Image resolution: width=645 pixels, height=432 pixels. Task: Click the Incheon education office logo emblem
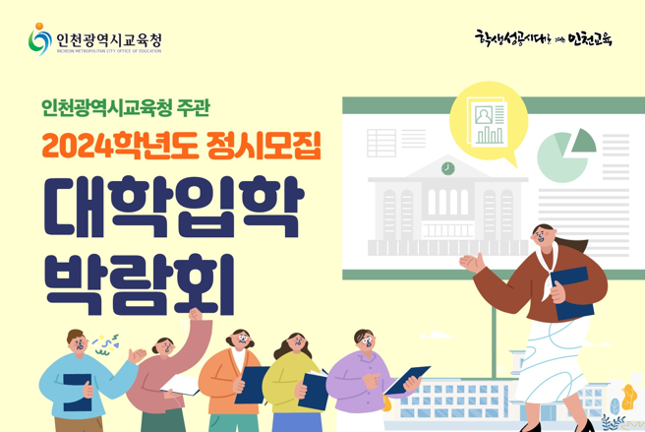click(x=39, y=39)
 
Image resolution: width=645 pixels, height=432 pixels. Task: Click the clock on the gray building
click(x=448, y=168)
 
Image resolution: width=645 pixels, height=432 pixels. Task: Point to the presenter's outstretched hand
click(x=473, y=262)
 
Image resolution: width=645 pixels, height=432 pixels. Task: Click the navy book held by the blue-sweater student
click(x=78, y=388)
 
